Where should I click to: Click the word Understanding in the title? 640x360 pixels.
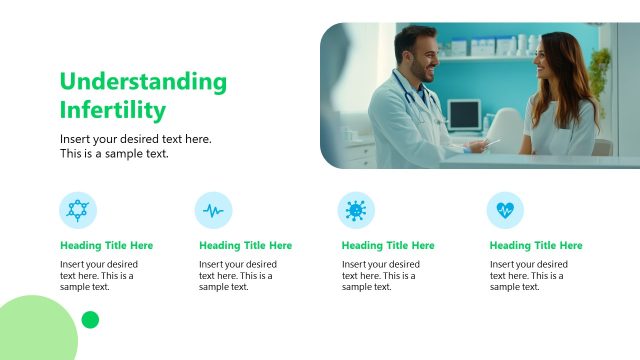[x=143, y=82]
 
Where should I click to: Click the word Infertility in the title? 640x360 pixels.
[x=113, y=109]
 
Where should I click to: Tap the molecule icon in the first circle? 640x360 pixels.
[x=78, y=210]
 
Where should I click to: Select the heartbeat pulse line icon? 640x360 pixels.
[x=213, y=210]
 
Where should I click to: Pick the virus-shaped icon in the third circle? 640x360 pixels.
[x=356, y=210]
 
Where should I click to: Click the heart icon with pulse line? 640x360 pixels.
[x=504, y=210]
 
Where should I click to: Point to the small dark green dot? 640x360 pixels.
[x=90, y=320]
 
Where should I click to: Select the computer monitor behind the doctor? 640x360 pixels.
[x=464, y=114]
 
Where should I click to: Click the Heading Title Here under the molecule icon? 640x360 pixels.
[x=106, y=245]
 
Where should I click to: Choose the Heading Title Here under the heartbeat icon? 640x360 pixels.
[x=245, y=245]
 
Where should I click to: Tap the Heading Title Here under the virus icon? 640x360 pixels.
[x=388, y=245]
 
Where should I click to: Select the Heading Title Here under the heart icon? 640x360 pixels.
[x=536, y=245]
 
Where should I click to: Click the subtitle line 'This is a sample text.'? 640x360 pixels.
[x=114, y=154]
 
